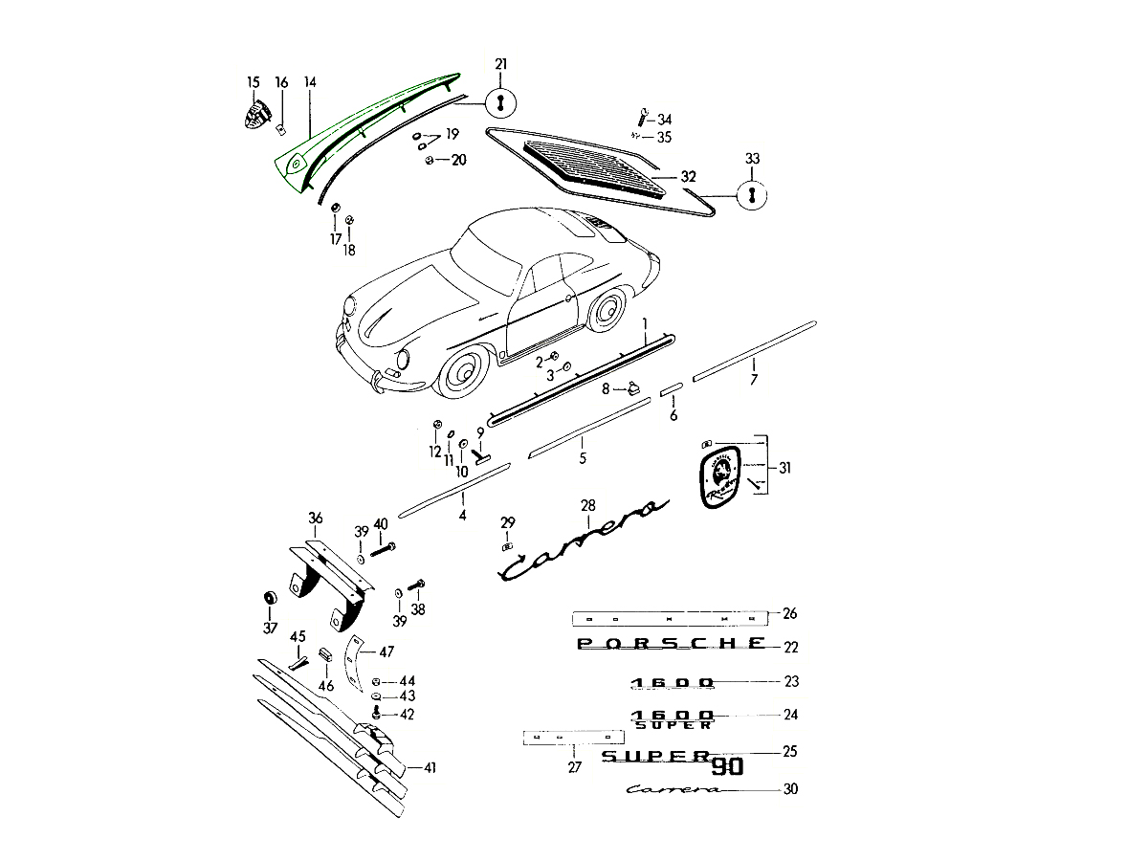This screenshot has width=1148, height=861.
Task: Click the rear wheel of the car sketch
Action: click(x=607, y=310)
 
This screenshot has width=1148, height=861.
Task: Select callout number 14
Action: click(x=309, y=82)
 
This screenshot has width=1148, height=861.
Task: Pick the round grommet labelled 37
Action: click(x=271, y=600)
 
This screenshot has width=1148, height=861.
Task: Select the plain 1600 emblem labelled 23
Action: click(x=672, y=682)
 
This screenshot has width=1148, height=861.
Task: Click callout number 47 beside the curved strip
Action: click(x=386, y=651)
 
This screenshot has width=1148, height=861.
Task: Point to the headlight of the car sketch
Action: click(x=403, y=359)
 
